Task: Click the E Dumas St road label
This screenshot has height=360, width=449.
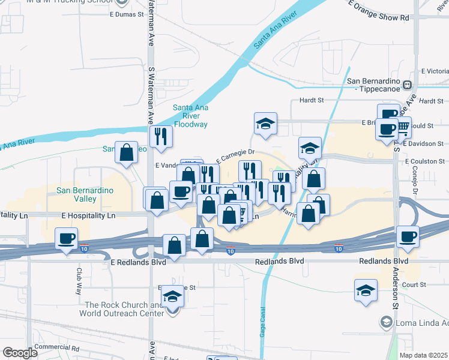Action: click(x=127, y=13)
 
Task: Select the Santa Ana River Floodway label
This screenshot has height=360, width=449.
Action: click(x=190, y=116)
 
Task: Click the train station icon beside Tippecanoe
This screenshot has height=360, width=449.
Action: click(x=408, y=85)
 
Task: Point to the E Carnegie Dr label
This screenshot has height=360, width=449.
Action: click(x=236, y=155)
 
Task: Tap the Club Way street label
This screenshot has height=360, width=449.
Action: click(x=79, y=280)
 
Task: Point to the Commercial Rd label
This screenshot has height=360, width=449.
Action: click(x=56, y=347)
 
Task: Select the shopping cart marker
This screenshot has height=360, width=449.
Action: click(x=402, y=126)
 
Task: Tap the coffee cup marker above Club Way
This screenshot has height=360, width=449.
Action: click(x=67, y=238)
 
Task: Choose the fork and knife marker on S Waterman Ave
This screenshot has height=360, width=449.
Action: click(x=160, y=136)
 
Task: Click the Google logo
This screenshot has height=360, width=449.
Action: click(x=20, y=353)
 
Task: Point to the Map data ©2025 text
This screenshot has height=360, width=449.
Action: click(x=423, y=355)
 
